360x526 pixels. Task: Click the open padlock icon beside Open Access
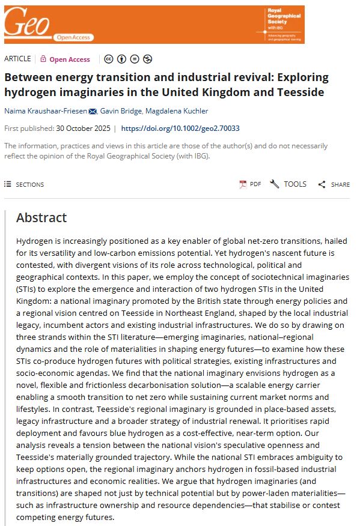tap(43, 59)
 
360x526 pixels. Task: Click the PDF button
tap(250, 184)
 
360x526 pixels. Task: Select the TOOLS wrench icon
tap(275, 184)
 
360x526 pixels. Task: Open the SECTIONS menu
tap(24, 184)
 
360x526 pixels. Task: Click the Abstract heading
tap(41, 217)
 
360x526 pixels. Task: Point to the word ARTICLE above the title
tap(18, 59)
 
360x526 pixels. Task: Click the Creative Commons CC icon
tap(108, 59)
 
